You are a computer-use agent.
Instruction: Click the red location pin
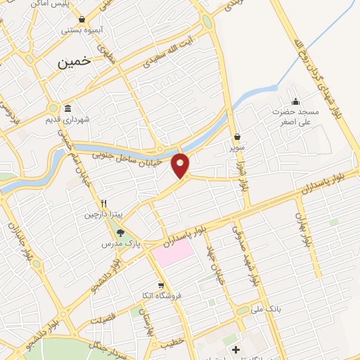pos(181,165)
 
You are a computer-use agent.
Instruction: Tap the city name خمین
pos(74,62)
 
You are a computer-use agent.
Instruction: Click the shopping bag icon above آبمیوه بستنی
pos(83,19)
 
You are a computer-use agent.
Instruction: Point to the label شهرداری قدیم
pos(86,120)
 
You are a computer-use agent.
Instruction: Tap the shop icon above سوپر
pos(238,137)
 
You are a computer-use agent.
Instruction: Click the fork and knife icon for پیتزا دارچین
pos(103,200)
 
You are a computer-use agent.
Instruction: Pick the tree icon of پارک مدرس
pos(120,233)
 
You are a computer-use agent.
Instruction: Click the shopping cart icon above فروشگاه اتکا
pos(161,285)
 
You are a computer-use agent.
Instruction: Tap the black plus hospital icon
pos(236,349)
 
